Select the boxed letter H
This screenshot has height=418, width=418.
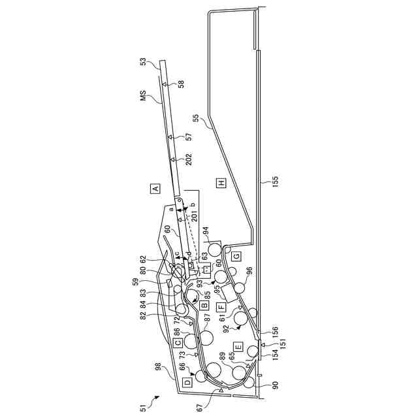(x=221, y=184)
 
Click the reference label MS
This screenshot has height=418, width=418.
(x=143, y=97)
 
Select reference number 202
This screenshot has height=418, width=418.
(x=188, y=159)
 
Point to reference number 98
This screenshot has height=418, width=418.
(x=158, y=367)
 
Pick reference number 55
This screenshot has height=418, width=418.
(x=195, y=120)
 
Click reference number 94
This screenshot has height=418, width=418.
(x=206, y=230)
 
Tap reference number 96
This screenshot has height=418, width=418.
(x=249, y=270)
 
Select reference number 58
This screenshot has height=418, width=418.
(x=181, y=84)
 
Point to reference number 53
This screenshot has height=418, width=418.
(x=143, y=63)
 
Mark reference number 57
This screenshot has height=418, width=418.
(x=188, y=137)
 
